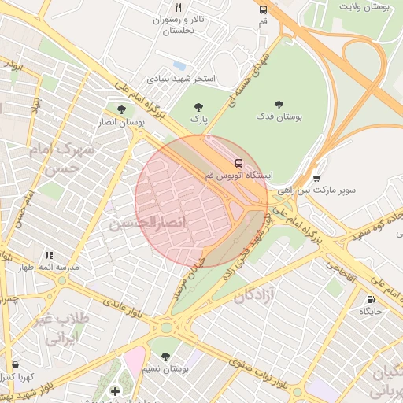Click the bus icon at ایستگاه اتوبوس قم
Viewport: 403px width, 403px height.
click(x=239, y=162)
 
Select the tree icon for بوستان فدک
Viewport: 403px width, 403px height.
click(x=279, y=105)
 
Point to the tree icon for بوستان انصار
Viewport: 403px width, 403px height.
click(x=120, y=110)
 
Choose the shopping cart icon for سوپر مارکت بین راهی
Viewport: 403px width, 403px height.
click(x=316, y=179)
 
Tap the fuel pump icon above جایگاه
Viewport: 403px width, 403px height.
click(x=371, y=300)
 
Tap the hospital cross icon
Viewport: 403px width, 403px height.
click(x=115, y=390)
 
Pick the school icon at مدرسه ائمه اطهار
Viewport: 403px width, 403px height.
click(x=50, y=255)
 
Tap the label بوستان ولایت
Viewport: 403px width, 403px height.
click(x=364, y=6)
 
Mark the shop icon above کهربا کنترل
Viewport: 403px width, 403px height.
click(x=17, y=365)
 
